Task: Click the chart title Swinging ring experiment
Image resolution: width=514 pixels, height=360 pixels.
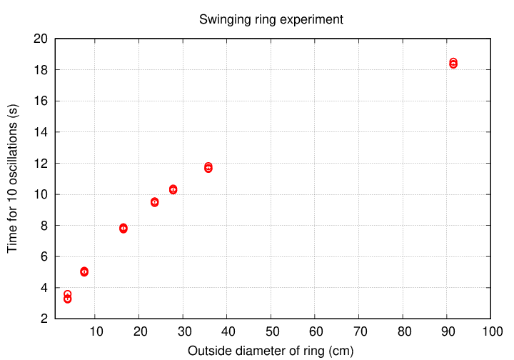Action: coord(271,19)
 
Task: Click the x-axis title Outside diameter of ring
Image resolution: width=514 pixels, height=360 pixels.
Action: coord(271,351)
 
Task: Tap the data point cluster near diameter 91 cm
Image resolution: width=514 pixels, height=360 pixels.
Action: coord(453,63)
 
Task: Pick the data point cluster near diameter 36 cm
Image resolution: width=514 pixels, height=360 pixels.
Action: coord(208,168)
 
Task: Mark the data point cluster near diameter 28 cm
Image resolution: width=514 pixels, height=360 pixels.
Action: coord(173,189)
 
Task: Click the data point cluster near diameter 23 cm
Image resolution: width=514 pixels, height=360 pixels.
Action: coord(155,202)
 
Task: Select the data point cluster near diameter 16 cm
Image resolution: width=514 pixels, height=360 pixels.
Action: coord(124,228)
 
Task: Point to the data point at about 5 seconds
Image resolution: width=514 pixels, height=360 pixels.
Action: coord(84,271)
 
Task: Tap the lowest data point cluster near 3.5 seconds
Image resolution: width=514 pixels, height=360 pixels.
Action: coord(68,296)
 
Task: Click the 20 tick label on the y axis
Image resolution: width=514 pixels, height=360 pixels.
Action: coord(41,39)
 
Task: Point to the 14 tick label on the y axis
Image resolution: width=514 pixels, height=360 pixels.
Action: coord(41,132)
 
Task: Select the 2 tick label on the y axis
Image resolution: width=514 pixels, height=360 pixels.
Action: coord(44,319)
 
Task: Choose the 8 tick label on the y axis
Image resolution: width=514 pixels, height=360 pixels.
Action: coord(44,226)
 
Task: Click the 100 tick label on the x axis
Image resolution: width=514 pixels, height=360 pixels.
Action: coord(490,331)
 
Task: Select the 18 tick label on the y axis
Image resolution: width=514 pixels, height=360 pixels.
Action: coord(41,70)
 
